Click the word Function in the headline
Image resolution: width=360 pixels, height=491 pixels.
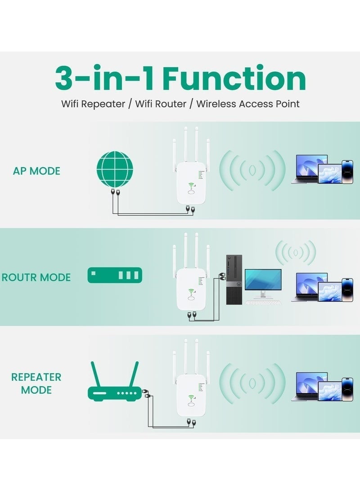234,79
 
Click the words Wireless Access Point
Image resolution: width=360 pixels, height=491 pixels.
248,104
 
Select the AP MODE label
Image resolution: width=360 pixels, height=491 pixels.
36,171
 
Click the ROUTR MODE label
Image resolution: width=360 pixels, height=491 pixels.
36,277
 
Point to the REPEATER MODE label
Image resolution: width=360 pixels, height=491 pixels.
36,383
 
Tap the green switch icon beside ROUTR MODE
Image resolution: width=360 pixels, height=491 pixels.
115,275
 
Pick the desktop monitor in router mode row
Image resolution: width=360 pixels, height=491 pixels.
263,281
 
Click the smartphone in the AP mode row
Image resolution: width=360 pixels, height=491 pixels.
347,171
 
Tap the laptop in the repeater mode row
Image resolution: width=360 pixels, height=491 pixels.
310,386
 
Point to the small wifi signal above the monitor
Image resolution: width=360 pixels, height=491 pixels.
296,252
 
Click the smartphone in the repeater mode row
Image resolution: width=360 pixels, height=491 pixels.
347,389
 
